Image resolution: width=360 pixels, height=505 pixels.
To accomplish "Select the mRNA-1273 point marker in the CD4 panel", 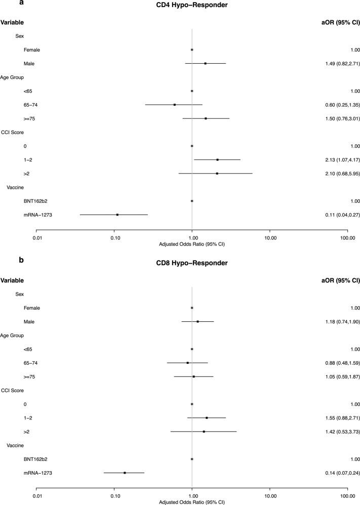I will [117, 215].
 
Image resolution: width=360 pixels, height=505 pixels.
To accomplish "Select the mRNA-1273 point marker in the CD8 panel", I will [125, 473].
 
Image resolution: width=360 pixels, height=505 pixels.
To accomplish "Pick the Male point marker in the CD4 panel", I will [206, 63].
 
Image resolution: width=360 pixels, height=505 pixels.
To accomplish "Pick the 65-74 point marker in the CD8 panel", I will [188, 363].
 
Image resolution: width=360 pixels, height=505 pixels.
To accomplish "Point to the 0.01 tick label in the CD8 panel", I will [36, 495].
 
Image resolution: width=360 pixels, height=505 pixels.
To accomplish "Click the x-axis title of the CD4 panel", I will [192, 244].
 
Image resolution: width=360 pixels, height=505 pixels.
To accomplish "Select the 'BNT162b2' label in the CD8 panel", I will [34, 459].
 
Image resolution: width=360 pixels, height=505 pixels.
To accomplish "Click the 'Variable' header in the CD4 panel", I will [12, 23].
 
